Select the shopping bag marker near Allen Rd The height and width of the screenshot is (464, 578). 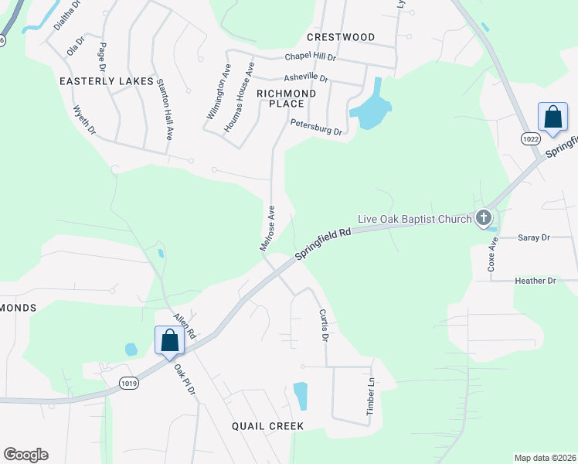point(168,339)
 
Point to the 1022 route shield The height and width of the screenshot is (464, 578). point(530,138)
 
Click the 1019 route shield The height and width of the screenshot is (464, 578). point(129,382)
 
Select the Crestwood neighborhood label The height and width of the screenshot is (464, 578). point(341,37)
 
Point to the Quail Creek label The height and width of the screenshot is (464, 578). point(267,426)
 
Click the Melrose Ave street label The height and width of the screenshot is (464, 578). point(267,228)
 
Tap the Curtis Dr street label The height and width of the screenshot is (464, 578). point(324,326)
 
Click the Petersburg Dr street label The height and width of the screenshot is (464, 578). point(316,127)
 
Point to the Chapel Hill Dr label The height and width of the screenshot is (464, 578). point(311,57)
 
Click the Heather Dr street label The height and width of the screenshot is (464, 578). point(535,281)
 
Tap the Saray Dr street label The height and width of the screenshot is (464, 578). point(533,238)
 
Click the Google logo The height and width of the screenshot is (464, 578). point(25,455)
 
